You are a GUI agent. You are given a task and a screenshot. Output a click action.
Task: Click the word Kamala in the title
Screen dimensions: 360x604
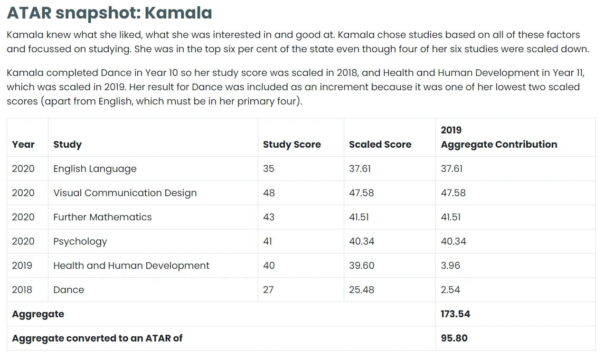[178, 13]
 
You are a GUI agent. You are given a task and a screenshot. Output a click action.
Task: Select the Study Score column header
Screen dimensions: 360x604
[292, 144]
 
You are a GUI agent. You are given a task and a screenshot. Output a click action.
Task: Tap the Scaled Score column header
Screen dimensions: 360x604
[380, 144]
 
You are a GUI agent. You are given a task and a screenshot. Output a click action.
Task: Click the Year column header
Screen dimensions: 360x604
[23, 144]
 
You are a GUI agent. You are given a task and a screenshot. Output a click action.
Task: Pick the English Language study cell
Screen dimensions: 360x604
[95, 169]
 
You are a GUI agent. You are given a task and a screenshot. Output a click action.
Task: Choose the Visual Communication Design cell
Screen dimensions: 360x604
[125, 193]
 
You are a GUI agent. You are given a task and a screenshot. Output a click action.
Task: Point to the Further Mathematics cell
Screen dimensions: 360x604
[103, 217]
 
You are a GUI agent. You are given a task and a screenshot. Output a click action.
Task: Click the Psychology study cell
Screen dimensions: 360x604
[80, 241]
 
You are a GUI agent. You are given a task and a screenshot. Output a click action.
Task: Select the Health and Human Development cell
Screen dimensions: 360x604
[131, 265]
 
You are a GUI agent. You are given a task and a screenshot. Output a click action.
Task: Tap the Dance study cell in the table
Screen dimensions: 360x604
[69, 290]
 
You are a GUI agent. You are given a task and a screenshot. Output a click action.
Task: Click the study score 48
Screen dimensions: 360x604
[269, 193]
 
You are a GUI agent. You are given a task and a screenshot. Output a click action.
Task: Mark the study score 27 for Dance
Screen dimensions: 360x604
[268, 290]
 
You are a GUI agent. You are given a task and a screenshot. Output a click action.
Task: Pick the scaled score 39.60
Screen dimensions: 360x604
[361, 265]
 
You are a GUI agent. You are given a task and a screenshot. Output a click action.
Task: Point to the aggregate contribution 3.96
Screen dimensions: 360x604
[450, 265]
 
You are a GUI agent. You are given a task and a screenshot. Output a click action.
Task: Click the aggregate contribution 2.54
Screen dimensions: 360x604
[450, 290]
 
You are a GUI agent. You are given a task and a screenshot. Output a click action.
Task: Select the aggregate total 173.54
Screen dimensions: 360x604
[455, 314]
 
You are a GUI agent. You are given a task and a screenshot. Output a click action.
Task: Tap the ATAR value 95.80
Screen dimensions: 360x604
[454, 338]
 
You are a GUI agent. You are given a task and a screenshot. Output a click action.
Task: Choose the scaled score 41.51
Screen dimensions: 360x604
[359, 217]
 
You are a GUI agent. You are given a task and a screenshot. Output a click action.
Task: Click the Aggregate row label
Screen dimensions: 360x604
[38, 314]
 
